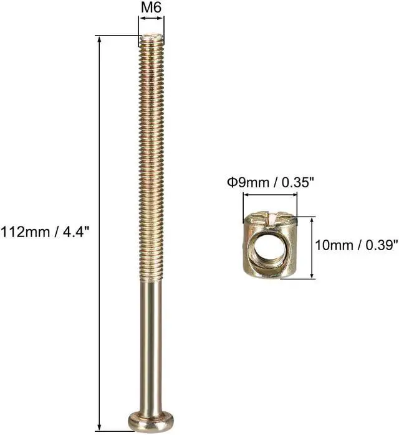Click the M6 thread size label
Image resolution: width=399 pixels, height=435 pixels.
[x=151, y=9]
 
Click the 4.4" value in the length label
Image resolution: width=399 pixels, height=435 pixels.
[x=79, y=232]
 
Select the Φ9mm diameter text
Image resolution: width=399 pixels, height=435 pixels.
[x=244, y=183]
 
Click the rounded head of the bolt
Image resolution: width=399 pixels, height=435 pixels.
[x=151, y=421]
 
